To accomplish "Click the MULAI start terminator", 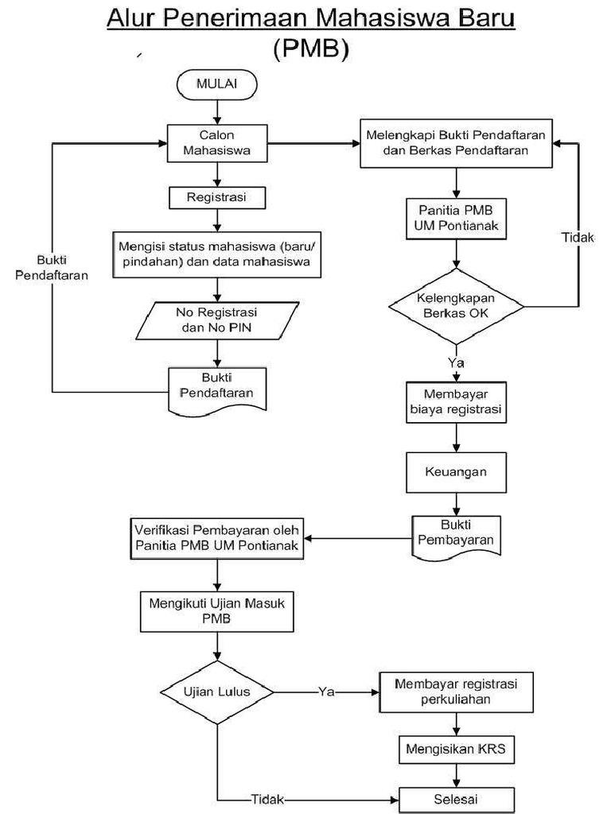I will (x=216, y=83).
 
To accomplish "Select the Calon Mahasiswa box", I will (x=216, y=142).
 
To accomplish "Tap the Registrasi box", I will (x=216, y=196).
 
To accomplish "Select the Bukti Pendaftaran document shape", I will (x=216, y=386).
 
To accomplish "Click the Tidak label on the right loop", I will (x=577, y=238).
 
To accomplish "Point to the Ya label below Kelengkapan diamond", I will (x=456, y=362).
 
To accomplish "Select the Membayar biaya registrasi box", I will (x=456, y=402).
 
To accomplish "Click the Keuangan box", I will (x=456, y=471).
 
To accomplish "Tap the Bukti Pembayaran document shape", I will (x=456, y=534).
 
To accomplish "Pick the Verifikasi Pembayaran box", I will (x=216, y=538).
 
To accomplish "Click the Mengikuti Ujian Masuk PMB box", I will (x=216, y=610).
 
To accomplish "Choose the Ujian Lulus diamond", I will (x=216, y=692).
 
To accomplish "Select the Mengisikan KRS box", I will (x=456, y=748).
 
